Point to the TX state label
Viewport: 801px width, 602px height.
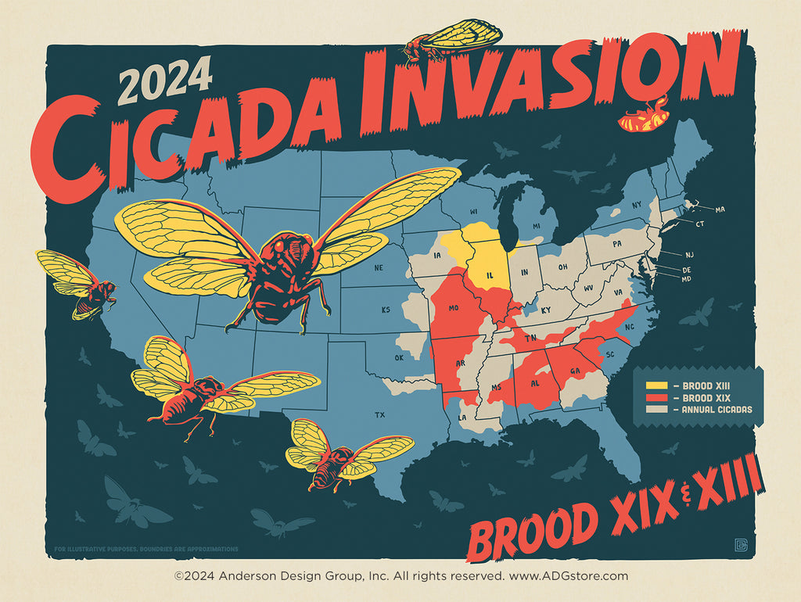click(x=380, y=414)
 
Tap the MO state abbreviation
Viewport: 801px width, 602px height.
click(x=453, y=309)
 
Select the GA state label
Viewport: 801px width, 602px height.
click(x=576, y=371)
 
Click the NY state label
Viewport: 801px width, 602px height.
click(x=636, y=204)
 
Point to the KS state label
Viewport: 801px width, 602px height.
click(x=386, y=310)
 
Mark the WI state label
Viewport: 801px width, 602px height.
click(x=473, y=212)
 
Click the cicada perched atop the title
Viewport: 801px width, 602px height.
click(x=452, y=40)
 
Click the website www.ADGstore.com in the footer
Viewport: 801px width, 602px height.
click(x=568, y=576)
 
